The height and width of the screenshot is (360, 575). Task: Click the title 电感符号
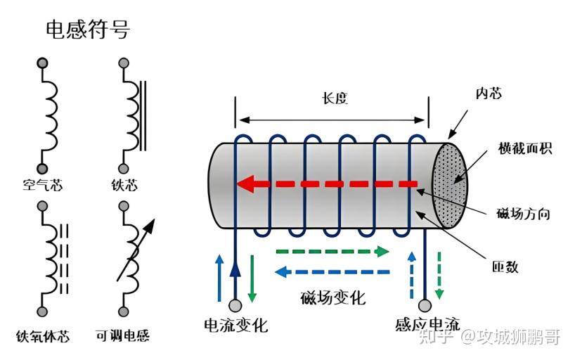pyautogui.click(x=88, y=30)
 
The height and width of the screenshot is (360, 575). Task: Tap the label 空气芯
pyautogui.click(x=43, y=185)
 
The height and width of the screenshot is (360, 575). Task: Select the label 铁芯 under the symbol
pyautogui.click(x=124, y=185)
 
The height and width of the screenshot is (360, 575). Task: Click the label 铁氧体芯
pyautogui.click(x=43, y=336)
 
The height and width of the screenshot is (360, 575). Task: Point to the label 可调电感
pyautogui.click(x=122, y=335)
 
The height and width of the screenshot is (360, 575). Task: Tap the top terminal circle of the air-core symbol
pyautogui.click(x=43, y=63)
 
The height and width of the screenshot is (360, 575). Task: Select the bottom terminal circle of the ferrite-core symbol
pyautogui.click(x=43, y=312)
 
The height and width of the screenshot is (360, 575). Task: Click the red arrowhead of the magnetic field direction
pyautogui.click(x=246, y=184)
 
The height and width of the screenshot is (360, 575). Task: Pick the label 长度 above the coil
pyautogui.click(x=335, y=98)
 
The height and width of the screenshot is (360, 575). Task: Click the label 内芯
pyautogui.click(x=489, y=94)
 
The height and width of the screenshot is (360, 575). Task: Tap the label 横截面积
pyautogui.click(x=525, y=148)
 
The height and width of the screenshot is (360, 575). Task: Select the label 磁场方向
pyautogui.click(x=523, y=213)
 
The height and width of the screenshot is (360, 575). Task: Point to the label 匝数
pyautogui.click(x=505, y=266)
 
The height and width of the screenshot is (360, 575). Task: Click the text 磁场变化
pyautogui.click(x=333, y=297)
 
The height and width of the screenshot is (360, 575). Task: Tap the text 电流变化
pyautogui.click(x=236, y=325)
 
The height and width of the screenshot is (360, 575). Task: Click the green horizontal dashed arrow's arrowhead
pyautogui.click(x=382, y=252)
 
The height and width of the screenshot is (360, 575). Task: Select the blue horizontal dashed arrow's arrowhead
pyautogui.click(x=281, y=272)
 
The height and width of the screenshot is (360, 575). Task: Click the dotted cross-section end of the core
pyautogui.click(x=449, y=186)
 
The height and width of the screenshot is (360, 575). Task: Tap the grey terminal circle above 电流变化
pyautogui.click(x=235, y=305)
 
